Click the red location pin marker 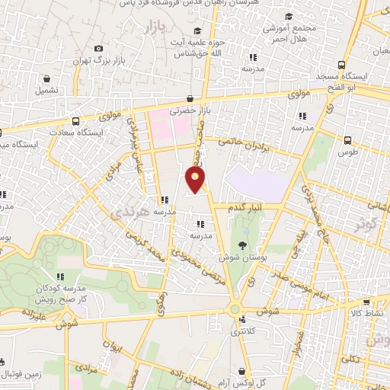[196, 180]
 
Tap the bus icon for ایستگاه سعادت [75, 121]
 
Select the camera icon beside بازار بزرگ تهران [99, 49]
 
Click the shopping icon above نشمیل [47, 78]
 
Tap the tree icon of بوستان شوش [242, 245]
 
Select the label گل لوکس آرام [256, 381]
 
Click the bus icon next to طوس [347, 139]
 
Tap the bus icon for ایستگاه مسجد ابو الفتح [340, 65]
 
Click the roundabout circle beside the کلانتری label [235, 309]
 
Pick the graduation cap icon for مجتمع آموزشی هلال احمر [289, 16]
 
